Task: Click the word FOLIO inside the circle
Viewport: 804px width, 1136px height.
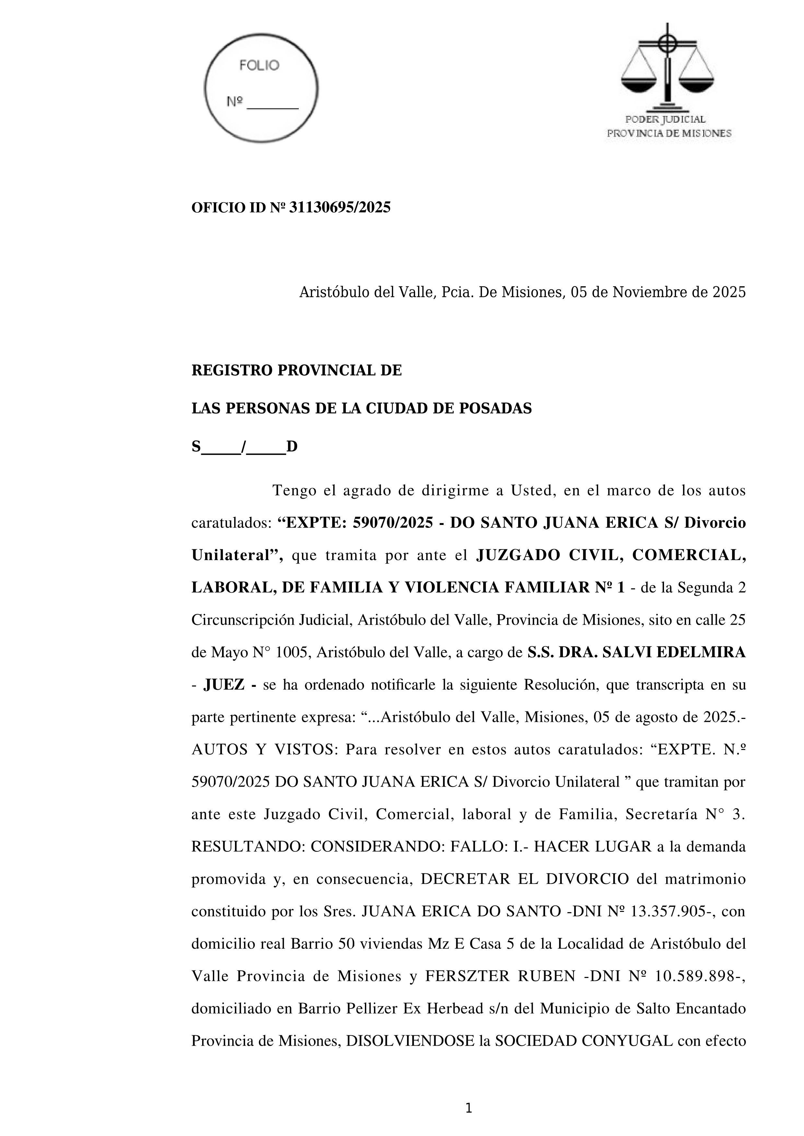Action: point(259,65)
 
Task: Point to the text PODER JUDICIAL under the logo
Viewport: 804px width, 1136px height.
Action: point(665,119)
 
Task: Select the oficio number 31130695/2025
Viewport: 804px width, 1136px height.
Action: point(340,208)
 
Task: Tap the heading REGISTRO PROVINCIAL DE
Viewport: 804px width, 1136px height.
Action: point(297,370)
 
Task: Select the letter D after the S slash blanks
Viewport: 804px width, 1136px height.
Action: point(292,447)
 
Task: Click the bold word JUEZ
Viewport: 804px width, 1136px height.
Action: point(224,685)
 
